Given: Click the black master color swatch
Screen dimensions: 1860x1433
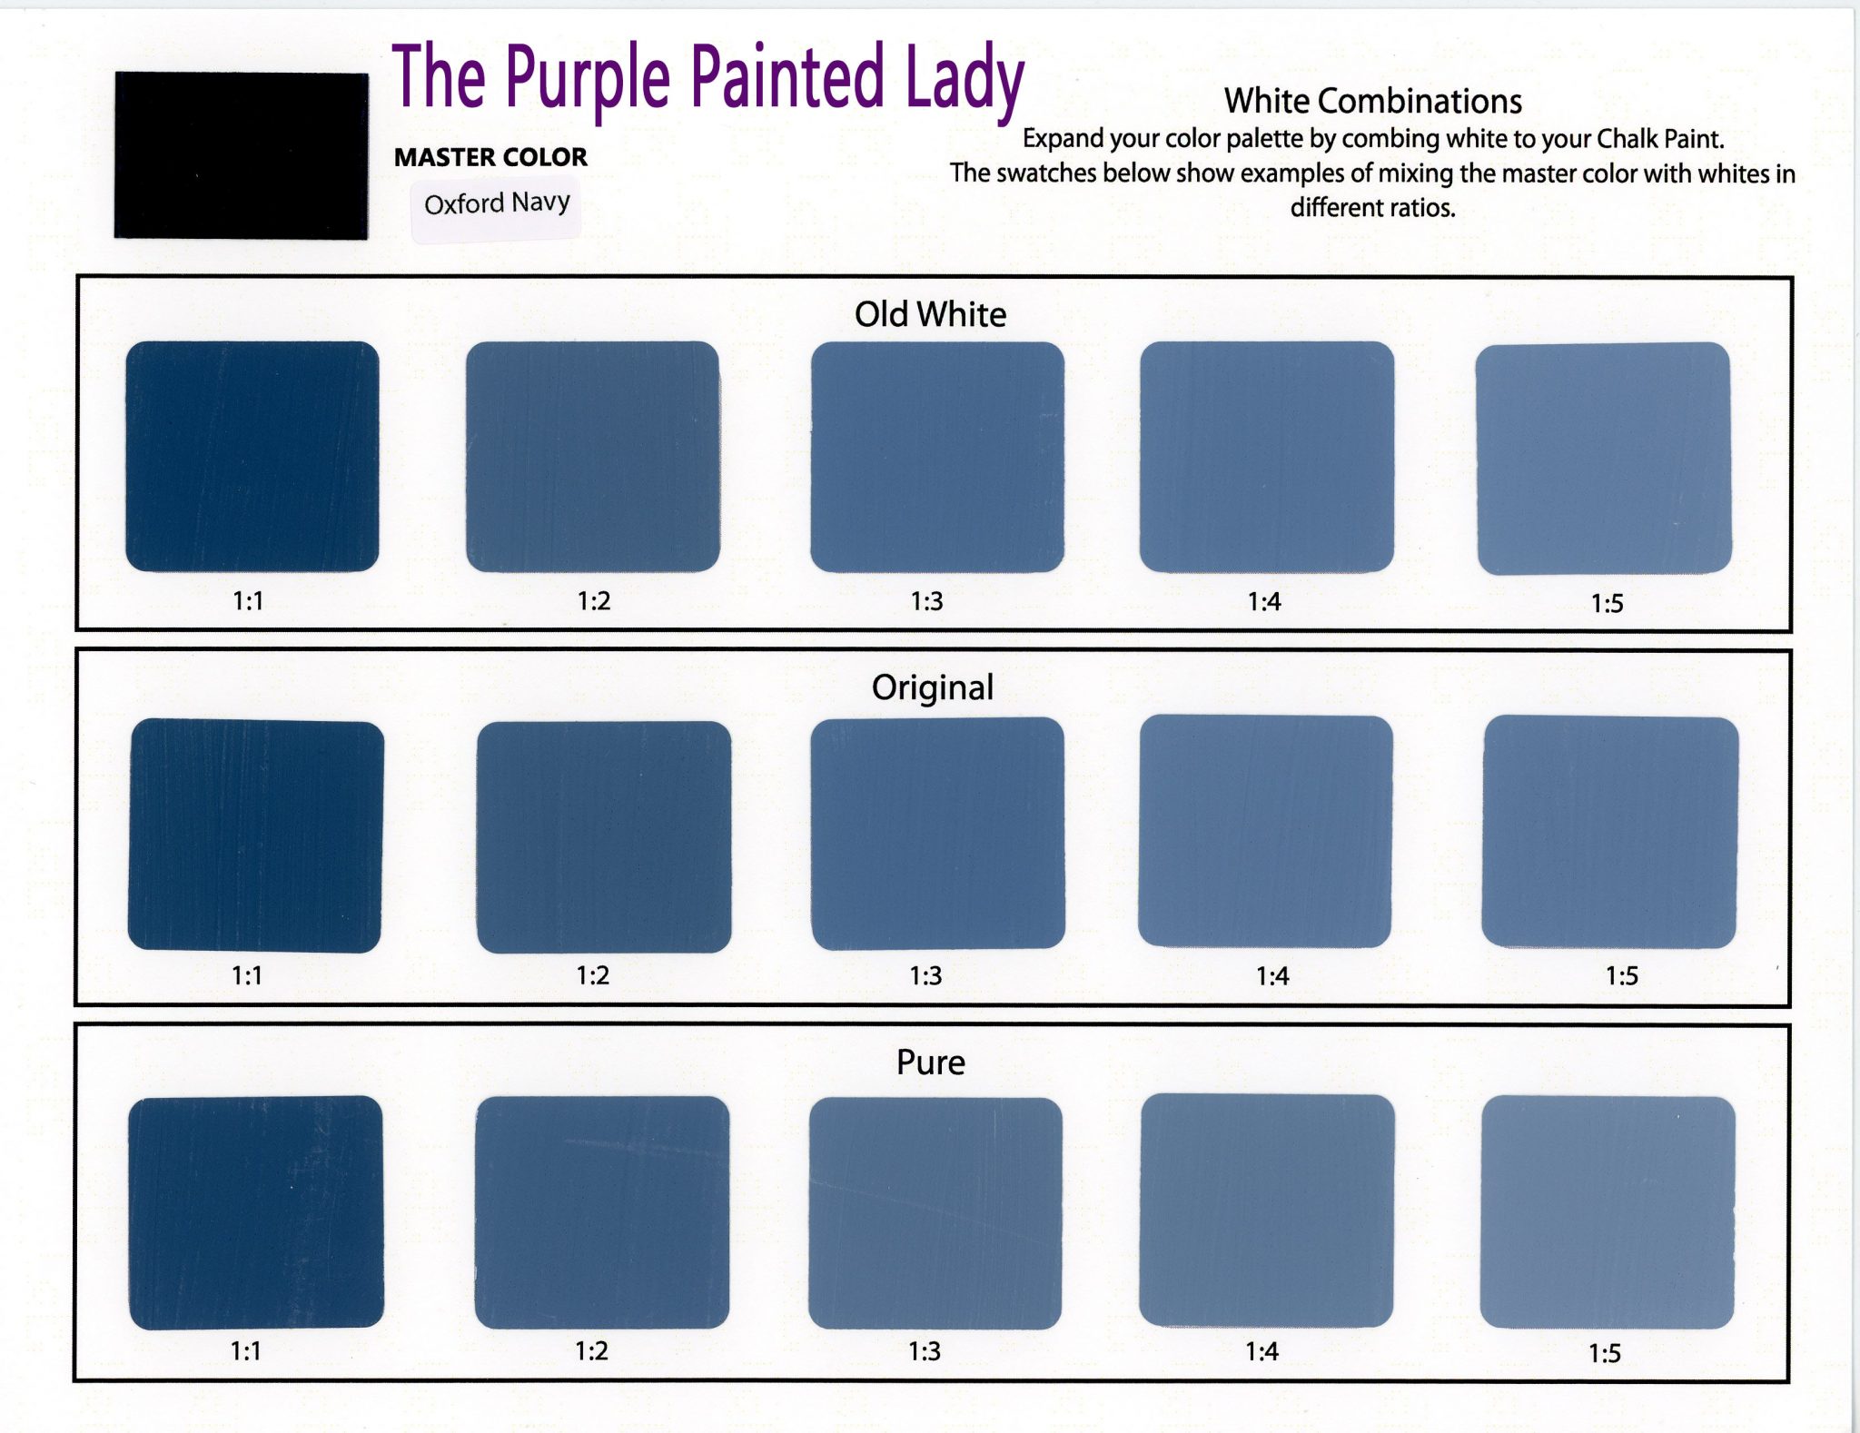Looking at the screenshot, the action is pos(242,155).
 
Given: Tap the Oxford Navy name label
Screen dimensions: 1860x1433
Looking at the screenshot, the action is pos(497,203).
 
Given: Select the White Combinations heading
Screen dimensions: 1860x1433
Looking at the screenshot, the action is pos(1372,101).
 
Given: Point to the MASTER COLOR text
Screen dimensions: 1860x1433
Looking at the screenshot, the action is pos(490,157).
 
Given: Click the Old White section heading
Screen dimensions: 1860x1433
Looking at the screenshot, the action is pos(930,314).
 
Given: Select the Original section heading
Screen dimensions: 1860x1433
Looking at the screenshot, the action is pos(933,687).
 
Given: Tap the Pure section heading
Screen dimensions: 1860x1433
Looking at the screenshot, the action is pos(930,1062).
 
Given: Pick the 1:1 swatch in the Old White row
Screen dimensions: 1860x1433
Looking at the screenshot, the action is pos(252,457).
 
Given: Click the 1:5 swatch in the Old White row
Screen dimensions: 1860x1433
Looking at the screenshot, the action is pos(1604,459).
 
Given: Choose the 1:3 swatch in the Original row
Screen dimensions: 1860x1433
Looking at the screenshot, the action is pos(937,834).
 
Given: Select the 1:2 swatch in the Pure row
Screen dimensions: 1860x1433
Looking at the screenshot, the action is pos(602,1212).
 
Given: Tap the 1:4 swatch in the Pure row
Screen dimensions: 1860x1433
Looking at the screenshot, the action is pos(1266,1211).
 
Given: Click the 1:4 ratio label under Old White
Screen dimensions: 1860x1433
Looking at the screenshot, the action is pos(1264,602).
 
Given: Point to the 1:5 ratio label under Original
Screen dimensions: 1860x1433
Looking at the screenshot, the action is pos(1621,976).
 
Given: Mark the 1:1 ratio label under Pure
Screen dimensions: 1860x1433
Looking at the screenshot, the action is pos(246,1351).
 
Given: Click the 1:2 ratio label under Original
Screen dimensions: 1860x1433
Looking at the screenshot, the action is pos(593,975).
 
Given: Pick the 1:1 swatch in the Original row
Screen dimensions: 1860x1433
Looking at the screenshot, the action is pos(256,835).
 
